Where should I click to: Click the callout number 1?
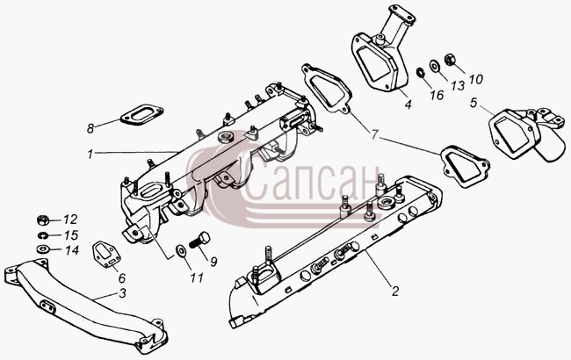coord(90,155)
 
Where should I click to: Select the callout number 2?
coord(395,291)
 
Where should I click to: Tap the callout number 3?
coord(123,293)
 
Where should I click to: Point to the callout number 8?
coord(90,128)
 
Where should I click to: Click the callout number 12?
coord(70,220)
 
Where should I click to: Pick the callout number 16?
coord(437,95)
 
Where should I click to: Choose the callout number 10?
coord(475,79)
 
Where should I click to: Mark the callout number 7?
coord(375,134)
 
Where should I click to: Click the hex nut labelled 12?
coord(43,220)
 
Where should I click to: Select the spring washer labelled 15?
coord(42,235)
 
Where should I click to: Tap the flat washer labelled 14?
coord(43,249)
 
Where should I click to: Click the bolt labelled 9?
coord(199,241)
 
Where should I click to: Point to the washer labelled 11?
coord(181,250)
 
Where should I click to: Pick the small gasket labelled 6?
coord(106,256)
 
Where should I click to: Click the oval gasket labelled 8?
coord(141,115)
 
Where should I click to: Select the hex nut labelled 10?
coord(450,60)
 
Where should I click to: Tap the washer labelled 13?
coord(435,66)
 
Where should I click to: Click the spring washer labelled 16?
coord(420,72)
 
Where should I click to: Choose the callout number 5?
coord(473,103)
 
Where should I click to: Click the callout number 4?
coord(408,104)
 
